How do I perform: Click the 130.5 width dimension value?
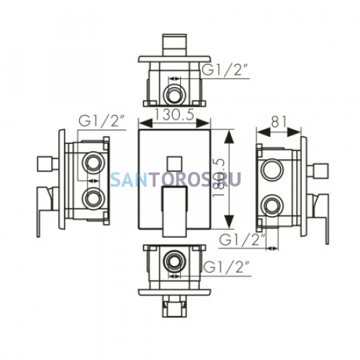pos(174,114)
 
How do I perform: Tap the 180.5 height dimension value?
pos(218,179)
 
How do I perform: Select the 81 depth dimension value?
pos(279,122)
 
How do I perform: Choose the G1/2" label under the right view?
pos(243,239)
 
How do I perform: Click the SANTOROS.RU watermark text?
pos(176,179)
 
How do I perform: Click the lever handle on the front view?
pos(174,211)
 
